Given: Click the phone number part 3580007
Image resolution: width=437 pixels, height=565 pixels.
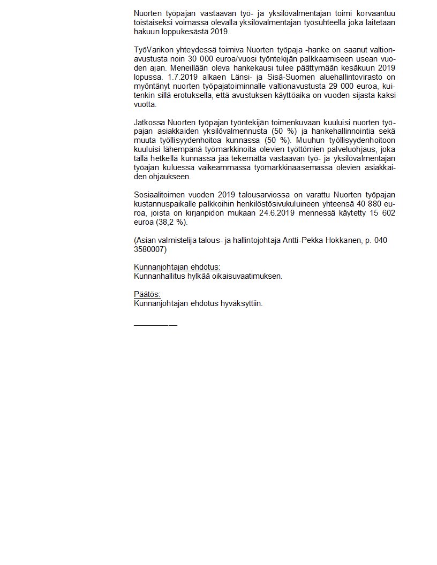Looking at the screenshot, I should pyautogui.click(x=150, y=250).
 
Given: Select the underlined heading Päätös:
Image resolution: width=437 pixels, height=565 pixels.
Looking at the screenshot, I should pyautogui.click(x=147, y=295).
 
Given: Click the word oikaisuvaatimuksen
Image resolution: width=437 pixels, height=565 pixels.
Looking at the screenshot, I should pyautogui.click(x=245, y=277).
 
